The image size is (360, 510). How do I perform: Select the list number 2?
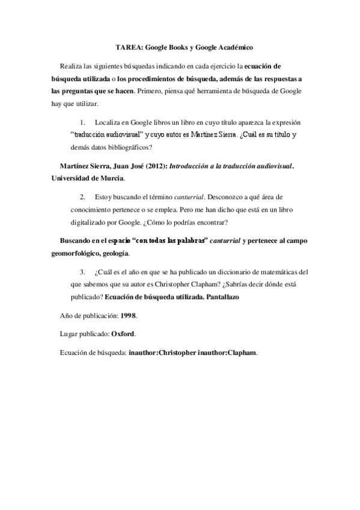coord(83,197)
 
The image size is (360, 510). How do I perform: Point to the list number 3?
coord(83,271)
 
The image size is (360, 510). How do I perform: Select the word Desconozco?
coord(228,197)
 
